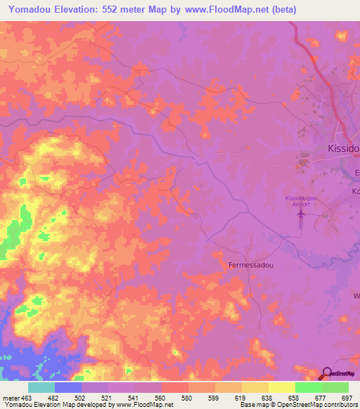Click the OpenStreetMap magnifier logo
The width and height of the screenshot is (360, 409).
point(327,373)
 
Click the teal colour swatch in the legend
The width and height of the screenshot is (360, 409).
point(41,387)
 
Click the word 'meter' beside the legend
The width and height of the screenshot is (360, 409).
point(11,398)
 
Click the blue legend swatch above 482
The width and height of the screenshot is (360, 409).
point(68,387)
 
